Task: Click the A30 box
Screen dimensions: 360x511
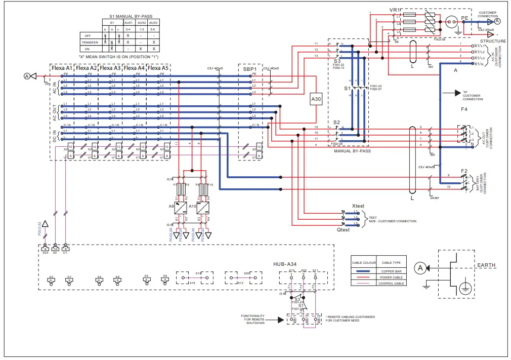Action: [316, 100]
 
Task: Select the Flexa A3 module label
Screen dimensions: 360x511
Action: [110, 67]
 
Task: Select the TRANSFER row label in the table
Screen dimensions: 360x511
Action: [90, 43]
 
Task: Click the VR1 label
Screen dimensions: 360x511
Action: [395, 10]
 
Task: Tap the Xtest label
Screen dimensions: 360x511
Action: [358, 206]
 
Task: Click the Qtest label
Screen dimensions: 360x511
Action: [344, 229]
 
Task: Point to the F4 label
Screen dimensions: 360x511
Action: [464, 109]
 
